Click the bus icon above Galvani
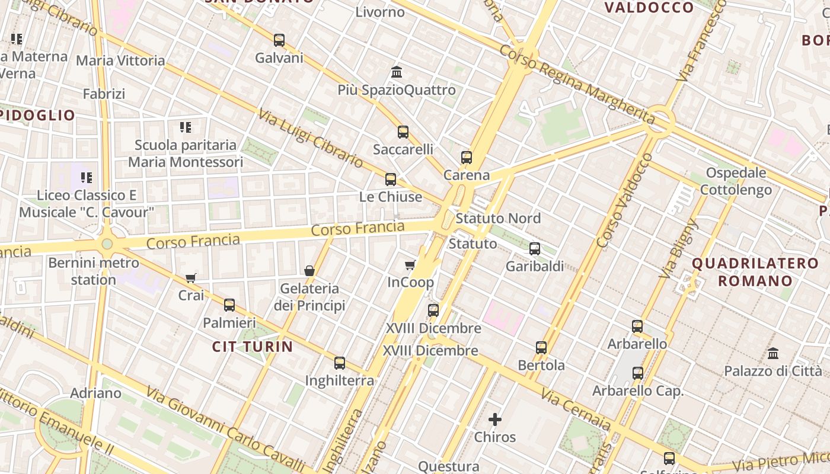279,40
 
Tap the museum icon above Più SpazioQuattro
397,72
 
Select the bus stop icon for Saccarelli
403,132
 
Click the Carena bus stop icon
467,158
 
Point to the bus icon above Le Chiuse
391,180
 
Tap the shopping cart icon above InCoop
410,265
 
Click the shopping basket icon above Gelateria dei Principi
309,271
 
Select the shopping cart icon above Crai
191,277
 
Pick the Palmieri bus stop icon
229,305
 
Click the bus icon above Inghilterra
340,363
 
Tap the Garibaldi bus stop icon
535,249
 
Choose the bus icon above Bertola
541,348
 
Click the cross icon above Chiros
495,420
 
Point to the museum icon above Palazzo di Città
773,354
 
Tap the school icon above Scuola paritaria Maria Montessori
186,127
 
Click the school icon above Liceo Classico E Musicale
87,178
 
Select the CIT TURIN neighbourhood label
253,347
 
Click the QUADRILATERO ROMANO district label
755,272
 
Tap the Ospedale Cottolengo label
736,181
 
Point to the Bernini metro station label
94,271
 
